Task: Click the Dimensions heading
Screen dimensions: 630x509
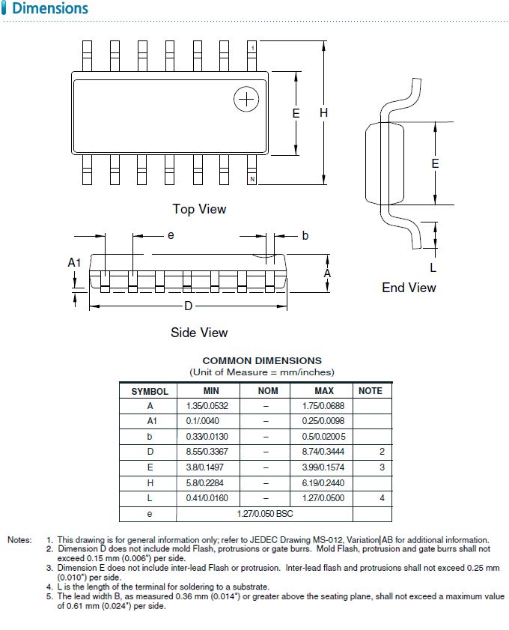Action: click(50, 9)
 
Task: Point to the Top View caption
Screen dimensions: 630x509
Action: click(199, 209)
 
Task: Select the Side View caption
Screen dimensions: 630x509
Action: click(199, 332)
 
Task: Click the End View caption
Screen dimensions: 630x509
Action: click(409, 288)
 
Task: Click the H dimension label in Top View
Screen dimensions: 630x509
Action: click(323, 112)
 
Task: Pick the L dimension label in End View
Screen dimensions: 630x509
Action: click(433, 267)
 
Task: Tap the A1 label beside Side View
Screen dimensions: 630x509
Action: click(74, 262)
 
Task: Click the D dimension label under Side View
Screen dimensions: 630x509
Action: click(188, 306)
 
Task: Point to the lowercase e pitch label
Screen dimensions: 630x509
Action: click(171, 235)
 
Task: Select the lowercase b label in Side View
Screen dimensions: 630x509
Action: click(305, 236)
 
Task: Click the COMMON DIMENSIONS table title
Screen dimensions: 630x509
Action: click(262, 360)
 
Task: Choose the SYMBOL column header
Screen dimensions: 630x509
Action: click(150, 391)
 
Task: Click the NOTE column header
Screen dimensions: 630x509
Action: click(370, 390)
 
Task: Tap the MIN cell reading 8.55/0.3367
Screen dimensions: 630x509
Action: click(207, 452)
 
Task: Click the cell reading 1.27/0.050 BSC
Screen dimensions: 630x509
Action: click(264, 513)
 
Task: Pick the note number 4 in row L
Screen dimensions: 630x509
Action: click(382, 497)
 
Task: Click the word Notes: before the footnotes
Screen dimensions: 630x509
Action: click(19, 539)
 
